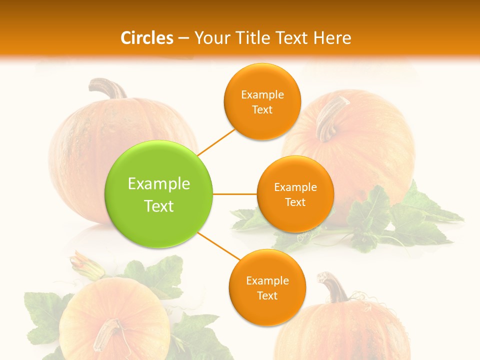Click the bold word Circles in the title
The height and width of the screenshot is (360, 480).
147,38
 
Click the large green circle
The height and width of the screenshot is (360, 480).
159,194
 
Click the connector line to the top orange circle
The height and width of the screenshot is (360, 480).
217,142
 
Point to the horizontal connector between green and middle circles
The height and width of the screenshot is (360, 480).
235,194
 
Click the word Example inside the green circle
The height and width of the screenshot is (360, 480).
159,184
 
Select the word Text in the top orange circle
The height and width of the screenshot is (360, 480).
262,110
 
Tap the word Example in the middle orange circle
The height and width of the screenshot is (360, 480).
295,187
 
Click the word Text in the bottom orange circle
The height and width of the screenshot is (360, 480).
267,296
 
